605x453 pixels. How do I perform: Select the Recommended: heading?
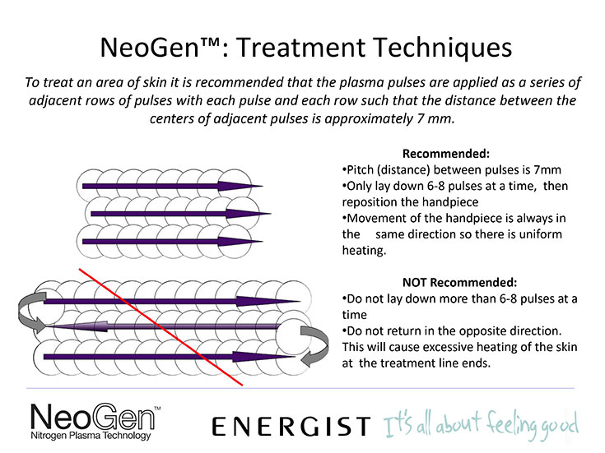(446, 154)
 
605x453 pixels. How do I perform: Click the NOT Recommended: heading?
(459, 283)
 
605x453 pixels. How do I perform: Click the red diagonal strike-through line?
(161, 326)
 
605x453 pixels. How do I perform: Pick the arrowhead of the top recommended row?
(240, 186)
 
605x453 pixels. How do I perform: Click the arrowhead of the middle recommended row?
(249, 214)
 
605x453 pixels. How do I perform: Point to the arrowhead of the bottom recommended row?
(240, 242)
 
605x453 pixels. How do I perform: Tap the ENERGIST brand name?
(291, 426)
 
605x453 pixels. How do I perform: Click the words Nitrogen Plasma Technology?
(91, 436)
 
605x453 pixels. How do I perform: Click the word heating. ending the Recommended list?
(364, 251)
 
